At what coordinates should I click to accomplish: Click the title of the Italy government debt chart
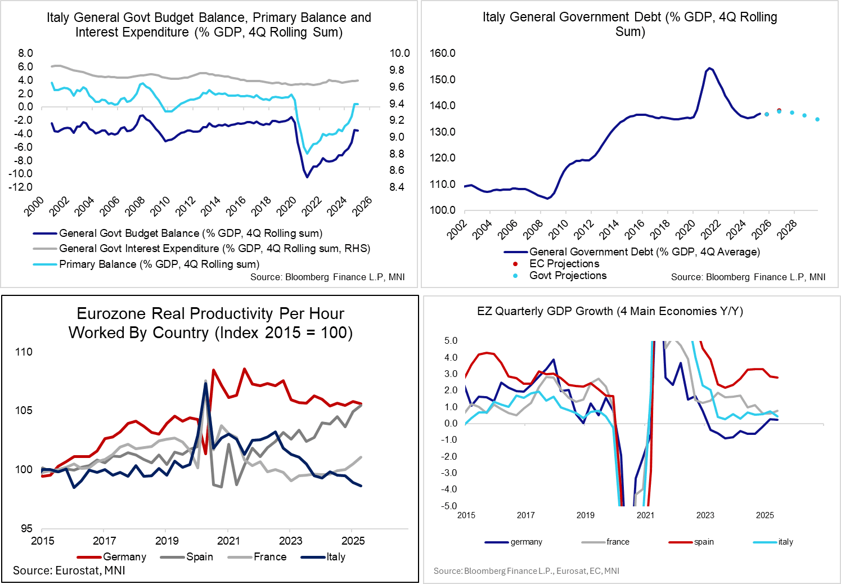click(629, 24)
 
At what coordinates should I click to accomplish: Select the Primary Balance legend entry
click(159, 264)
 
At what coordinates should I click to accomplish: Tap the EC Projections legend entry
click(564, 264)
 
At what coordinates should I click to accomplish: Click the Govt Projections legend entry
click(568, 276)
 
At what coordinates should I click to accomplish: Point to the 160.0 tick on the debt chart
click(442, 53)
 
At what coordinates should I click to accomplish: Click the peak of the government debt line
click(709, 68)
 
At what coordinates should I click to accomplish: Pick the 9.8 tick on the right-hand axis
click(399, 70)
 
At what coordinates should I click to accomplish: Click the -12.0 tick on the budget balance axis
click(21, 187)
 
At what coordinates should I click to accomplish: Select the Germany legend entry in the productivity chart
click(124, 557)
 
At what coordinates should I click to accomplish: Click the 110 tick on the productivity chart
click(24, 352)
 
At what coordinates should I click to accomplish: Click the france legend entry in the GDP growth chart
click(618, 542)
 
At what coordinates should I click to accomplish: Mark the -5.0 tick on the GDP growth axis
click(451, 506)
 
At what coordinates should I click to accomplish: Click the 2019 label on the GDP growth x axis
click(586, 515)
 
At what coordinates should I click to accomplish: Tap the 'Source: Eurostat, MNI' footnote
click(69, 571)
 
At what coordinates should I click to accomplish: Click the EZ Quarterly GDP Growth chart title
click(610, 311)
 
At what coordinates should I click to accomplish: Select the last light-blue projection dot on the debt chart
click(817, 119)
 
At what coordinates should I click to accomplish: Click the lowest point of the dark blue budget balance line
click(307, 177)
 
